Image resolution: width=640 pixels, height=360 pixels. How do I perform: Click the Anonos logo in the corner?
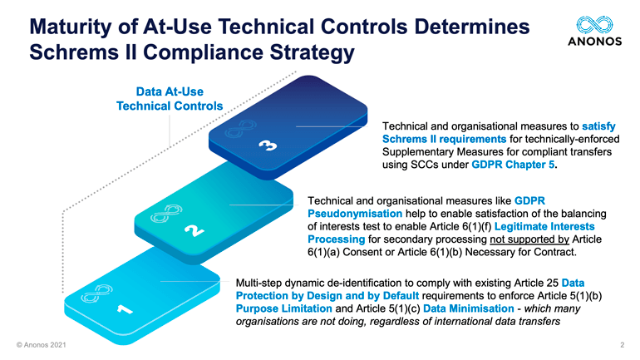(x=594, y=31)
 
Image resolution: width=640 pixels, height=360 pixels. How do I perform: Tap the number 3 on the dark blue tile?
(x=268, y=145)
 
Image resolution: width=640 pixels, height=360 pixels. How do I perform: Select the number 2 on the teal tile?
(x=194, y=230)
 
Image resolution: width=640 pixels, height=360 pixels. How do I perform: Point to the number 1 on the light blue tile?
(x=125, y=309)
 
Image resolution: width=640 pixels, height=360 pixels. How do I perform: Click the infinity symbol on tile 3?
(x=240, y=129)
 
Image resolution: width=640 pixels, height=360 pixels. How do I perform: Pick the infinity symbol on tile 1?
(x=96, y=293)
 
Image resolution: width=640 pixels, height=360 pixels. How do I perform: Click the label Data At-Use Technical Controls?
(x=170, y=99)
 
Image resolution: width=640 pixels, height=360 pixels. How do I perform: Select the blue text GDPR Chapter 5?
(x=513, y=165)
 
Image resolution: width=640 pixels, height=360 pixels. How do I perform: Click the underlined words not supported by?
(x=529, y=239)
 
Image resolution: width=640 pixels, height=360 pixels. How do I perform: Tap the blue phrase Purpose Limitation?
(x=284, y=308)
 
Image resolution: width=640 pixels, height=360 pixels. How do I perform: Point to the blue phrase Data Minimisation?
(x=469, y=308)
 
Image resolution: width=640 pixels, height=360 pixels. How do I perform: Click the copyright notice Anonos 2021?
(x=42, y=345)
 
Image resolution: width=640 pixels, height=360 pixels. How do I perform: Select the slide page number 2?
(x=623, y=345)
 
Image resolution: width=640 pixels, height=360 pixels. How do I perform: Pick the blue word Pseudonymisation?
(x=355, y=214)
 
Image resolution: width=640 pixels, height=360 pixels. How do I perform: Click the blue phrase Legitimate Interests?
(x=544, y=226)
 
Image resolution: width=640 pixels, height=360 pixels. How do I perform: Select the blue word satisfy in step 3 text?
(x=598, y=126)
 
